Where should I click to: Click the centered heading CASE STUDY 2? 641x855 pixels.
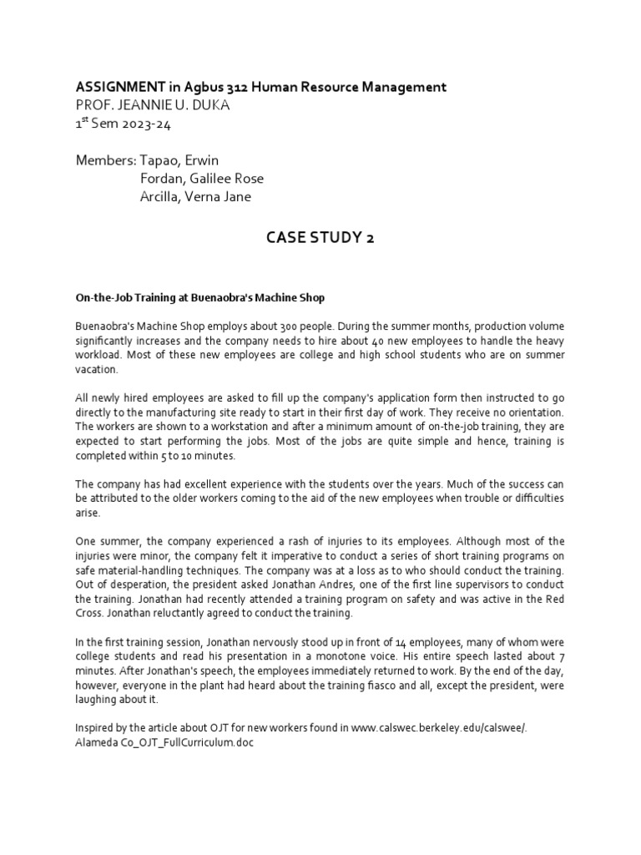tap(320, 238)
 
